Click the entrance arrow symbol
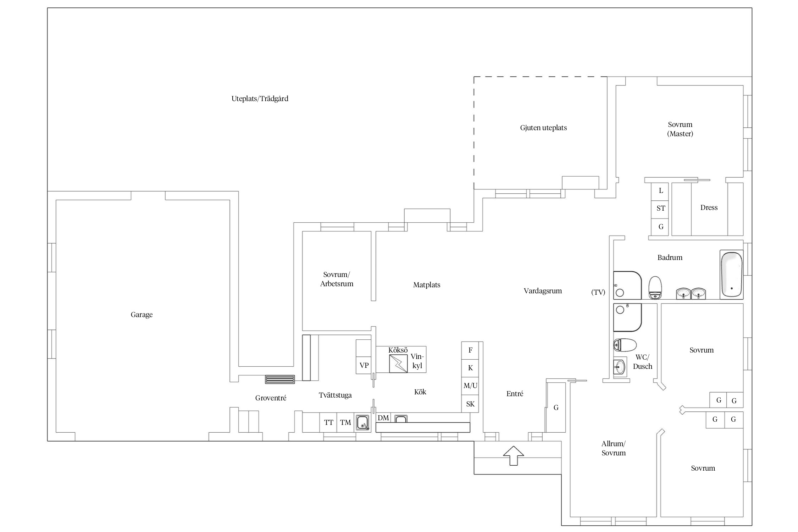514,455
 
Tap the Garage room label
142,315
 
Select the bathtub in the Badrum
731,275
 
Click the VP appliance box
364,365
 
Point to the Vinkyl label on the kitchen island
417,361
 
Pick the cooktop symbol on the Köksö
398,364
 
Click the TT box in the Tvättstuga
328,422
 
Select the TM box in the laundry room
345,422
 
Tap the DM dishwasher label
383,418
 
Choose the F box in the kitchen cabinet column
470,350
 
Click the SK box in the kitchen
470,404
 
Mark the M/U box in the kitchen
470,386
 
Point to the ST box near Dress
660,208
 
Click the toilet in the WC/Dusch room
625,345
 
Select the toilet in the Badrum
655,287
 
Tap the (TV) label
598,292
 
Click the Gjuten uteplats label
543,128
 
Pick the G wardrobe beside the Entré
556,408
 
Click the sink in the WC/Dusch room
620,367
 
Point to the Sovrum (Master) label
680,129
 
